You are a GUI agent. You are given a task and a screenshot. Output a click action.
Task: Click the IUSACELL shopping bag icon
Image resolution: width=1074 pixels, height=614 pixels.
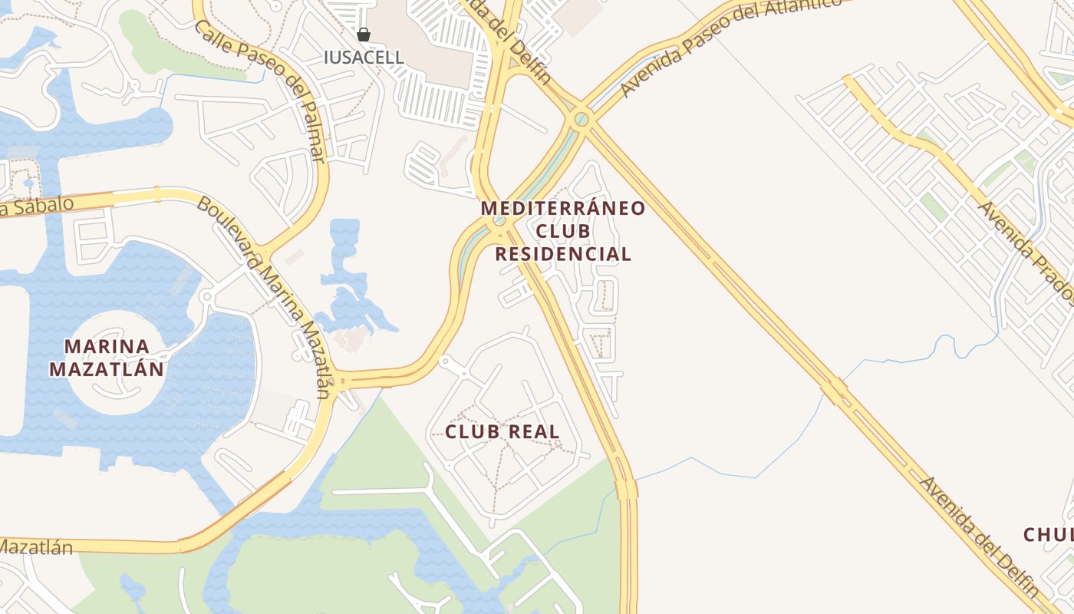tap(364, 35)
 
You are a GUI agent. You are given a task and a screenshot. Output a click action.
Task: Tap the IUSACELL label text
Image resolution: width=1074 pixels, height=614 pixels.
tap(364, 58)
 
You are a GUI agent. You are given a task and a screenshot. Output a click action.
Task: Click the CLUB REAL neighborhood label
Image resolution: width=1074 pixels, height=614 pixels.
tap(502, 431)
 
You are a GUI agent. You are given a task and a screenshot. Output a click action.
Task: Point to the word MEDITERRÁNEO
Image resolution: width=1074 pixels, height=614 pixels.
tap(563, 208)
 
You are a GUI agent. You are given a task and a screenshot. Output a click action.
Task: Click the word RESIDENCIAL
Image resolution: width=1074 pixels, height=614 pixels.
tap(563, 254)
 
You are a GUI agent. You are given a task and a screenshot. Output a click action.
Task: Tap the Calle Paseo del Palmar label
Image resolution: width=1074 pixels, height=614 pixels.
tap(261, 91)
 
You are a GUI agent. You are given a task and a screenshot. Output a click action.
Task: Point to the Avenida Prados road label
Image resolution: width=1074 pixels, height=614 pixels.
tap(1025, 250)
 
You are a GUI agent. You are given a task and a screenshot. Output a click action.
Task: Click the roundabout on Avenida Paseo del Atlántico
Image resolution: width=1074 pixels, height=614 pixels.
tap(581, 119)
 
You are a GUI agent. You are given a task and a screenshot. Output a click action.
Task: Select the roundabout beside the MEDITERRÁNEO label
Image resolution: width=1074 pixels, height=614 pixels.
tap(499, 223)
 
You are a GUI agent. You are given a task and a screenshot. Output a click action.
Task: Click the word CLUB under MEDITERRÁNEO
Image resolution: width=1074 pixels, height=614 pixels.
tap(563, 231)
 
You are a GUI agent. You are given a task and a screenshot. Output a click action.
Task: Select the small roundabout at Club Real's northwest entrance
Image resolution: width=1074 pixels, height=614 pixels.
tap(445, 361)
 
